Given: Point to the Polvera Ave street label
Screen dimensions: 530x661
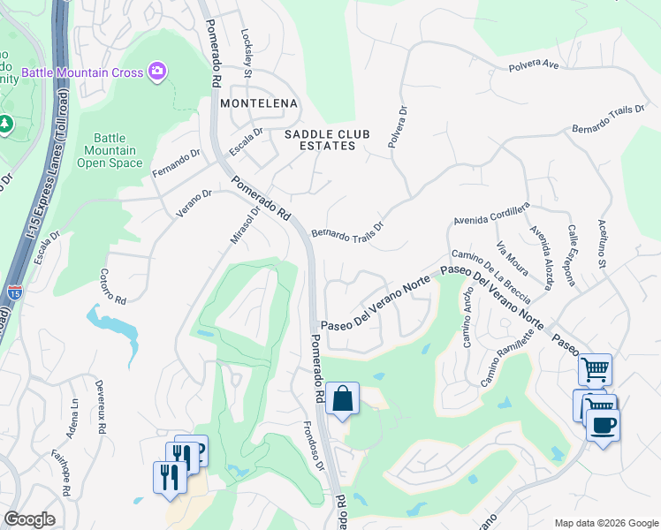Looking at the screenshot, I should [x=535, y=65].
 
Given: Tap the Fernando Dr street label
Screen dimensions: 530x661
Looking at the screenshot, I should [x=177, y=163].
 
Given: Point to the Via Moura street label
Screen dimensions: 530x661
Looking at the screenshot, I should [x=512, y=257].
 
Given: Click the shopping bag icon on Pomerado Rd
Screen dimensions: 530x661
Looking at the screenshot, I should [x=342, y=398].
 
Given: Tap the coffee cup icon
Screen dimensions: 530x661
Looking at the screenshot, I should [x=603, y=425].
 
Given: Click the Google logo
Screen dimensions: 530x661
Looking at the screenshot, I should [x=29, y=519].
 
